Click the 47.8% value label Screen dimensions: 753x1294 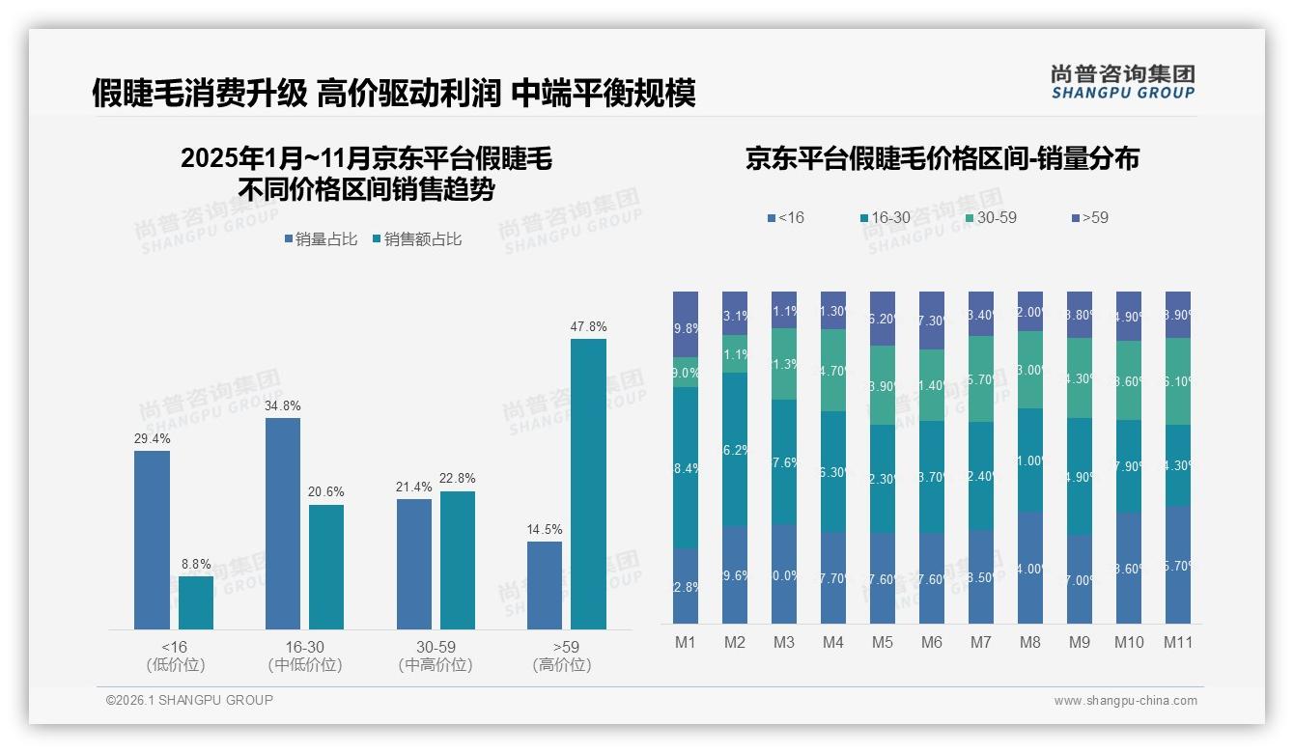pyautogui.click(x=588, y=327)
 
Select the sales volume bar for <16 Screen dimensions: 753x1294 pyautogui.click(x=152, y=540)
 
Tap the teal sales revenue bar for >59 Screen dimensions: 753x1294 pyautogui.click(x=588, y=484)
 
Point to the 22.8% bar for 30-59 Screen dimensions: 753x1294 pyautogui.click(x=458, y=560)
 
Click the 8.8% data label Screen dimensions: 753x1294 pyautogui.click(x=196, y=565)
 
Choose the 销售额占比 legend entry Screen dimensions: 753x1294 pyautogui.click(x=417, y=238)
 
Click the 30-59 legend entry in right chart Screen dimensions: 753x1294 pyautogui.click(x=991, y=218)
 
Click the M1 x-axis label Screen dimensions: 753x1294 pyautogui.click(x=686, y=642)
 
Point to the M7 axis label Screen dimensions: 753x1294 pyautogui.click(x=980, y=642)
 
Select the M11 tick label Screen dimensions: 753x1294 pyautogui.click(x=1177, y=642)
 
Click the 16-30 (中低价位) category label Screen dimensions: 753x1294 pyautogui.click(x=304, y=655)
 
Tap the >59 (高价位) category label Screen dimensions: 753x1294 pyautogui.click(x=562, y=655)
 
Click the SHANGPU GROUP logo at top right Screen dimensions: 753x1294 pyautogui.click(x=1122, y=82)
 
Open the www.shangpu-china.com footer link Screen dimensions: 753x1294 pyautogui.click(x=1125, y=701)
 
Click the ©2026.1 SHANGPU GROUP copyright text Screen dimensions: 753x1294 pyautogui.click(x=189, y=700)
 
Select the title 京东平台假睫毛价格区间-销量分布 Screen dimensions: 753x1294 pyautogui.click(x=942, y=159)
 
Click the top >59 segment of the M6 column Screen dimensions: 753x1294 pyautogui.click(x=931, y=320)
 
